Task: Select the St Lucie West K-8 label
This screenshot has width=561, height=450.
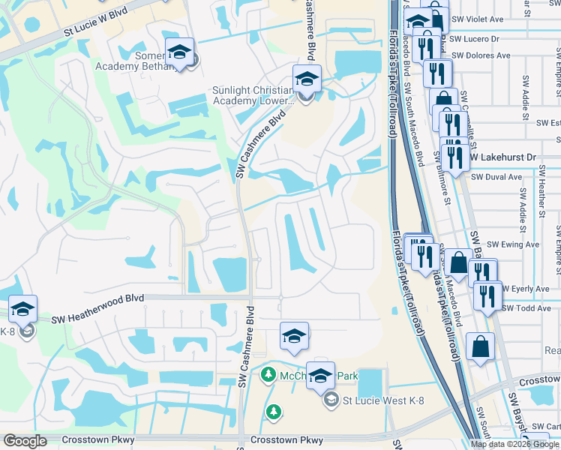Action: point(384,400)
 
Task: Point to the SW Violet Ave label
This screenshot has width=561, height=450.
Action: point(478,19)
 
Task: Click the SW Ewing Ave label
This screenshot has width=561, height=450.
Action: point(513,244)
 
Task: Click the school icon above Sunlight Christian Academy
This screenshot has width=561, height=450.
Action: point(306,79)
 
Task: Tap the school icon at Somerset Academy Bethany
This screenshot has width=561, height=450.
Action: point(179,52)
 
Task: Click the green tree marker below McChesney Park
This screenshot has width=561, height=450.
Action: point(274,410)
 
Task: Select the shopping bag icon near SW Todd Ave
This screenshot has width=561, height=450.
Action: point(480,347)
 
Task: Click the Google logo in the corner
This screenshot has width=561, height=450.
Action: point(25,441)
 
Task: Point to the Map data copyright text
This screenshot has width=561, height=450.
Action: point(515,444)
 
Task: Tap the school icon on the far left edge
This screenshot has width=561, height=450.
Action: point(23,309)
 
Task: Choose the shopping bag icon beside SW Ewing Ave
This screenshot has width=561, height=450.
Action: point(458,263)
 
